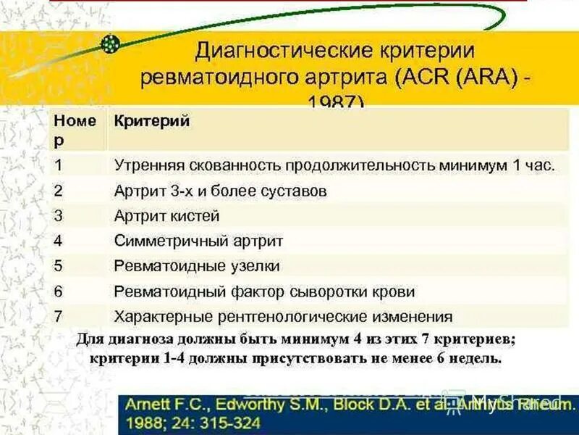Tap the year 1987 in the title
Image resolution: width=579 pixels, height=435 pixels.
pyautogui.click(x=335, y=102)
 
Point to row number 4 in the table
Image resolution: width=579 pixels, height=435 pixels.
pyautogui.click(x=59, y=241)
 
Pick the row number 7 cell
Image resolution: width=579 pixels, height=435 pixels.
pyautogui.click(x=59, y=316)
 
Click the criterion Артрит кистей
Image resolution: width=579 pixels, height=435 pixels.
pyautogui.click(x=166, y=216)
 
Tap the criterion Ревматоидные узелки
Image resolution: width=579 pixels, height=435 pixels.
pyautogui.click(x=197, y=266)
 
